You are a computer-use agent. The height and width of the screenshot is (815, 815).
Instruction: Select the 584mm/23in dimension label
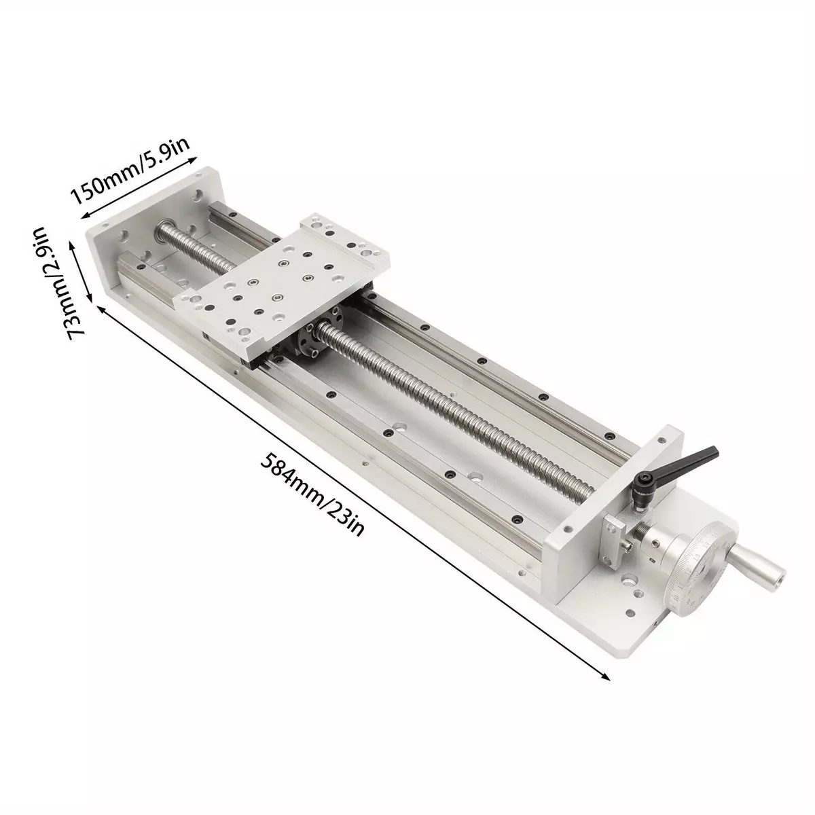(312, 494)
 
